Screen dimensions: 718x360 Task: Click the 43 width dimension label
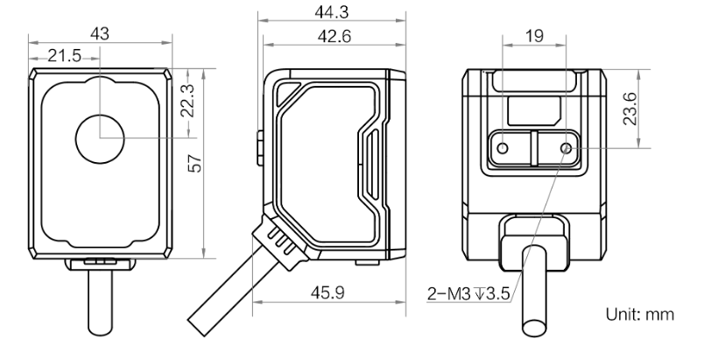(100, 33)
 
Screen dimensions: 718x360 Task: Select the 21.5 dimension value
(65, 56)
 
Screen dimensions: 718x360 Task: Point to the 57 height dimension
(195, 164)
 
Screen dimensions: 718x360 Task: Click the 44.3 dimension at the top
(332, 12)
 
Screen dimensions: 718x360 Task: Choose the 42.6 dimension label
(334, 37)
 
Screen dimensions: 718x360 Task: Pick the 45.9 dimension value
(327, 293)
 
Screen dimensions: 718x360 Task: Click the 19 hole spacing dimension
(534, 35)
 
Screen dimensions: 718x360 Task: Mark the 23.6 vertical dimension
(630, 109)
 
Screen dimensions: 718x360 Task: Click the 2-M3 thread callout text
(468, 293)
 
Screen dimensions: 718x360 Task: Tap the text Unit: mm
(640, 314)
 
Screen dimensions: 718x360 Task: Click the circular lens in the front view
(100, 139)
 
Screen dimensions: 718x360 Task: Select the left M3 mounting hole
(503, 148)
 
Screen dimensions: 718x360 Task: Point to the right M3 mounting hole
(567, 148)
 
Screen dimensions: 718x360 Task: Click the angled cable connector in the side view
(280, 242)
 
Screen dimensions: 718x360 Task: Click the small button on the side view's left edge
(260, 148)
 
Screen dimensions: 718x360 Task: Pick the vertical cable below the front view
(100, 302)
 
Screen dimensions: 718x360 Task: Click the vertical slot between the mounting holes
(534, 148)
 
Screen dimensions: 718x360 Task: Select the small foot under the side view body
(367, 263)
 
